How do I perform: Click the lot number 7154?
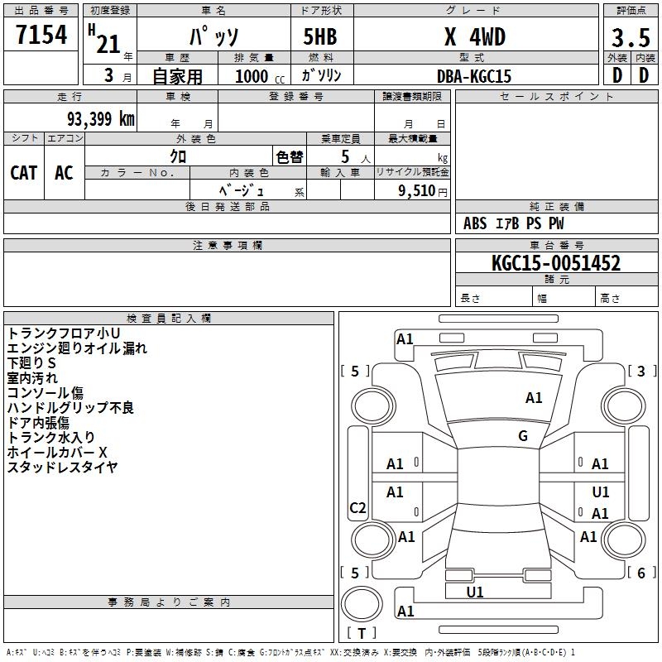pyautogui.click(x=41, y=35)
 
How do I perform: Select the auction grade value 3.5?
pyautogui.click(x=631, y=37)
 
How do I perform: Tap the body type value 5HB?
pyautogui.click(x=320, y=36)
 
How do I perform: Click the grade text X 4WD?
pyautogui.click(x=475, y=36)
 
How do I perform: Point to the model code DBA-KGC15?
pyautogui.click(x=473, y=76)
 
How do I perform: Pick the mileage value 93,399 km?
pyautogui.click(x=101, y=119)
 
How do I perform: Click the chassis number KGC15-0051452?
pyautogui.click(x=556, y=263)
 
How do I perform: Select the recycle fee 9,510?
pyautogui.click(x=417, y=190)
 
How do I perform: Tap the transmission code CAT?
pyautogui.click(x=24, y=173)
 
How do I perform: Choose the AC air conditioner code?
pyautogui.click(x=64, y=173)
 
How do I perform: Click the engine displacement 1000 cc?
pyautogui.click(x=260, y=76)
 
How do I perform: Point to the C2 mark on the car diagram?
pyautogui.click(x=357, y=507)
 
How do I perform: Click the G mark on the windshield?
pyautogui.click(x=523, y=436)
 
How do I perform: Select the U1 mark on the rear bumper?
pyautogui.click(x=475, y=592)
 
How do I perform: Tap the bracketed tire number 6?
pyautogui.click(x=641, y=573)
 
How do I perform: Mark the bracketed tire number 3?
pyautogui.click(x=641, y=371)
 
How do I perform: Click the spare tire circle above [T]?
pyautogui.click(x=362, y=604)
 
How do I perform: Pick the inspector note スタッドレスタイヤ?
pyautogui.click(x=63, y=467)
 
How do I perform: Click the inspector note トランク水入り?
pyautogui.click(x=50, y=437)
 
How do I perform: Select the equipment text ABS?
pyautogui.click(x=475, y=223)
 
